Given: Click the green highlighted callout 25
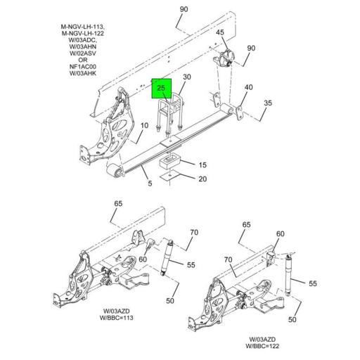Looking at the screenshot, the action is coord(162,89).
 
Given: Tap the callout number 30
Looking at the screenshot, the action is coord(186,77).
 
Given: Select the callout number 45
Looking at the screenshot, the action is coord(220,33).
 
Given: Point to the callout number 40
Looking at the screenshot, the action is coord(248,88).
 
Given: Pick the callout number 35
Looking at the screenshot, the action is coord(267,104).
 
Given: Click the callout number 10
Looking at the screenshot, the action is coord(143,126).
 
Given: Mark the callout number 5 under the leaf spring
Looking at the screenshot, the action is coord(149,184).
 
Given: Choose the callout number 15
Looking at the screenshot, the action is coord(202,165).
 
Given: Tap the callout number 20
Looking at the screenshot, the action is coord(202,179).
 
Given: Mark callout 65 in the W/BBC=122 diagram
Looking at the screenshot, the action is coord(246,225).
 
